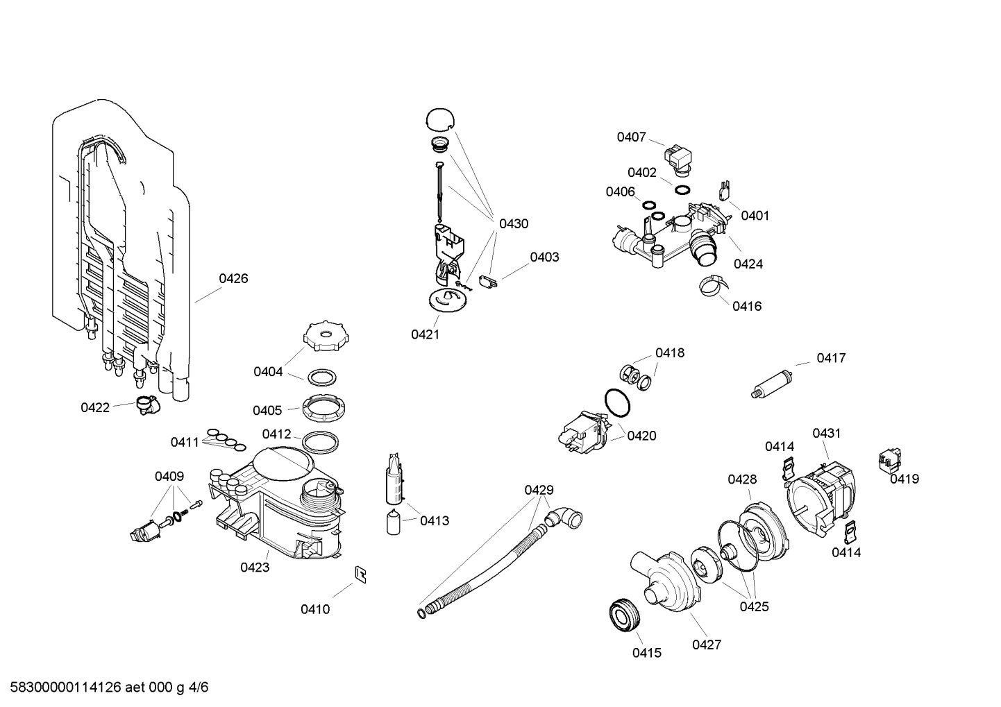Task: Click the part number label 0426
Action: point(233,278)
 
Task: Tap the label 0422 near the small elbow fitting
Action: point(95,407)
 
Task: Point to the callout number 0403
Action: point(544,257)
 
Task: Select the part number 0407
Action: point(631,137)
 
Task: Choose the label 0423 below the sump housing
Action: point(255,567)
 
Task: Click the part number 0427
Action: point(707,645)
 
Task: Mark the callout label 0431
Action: point(826,433)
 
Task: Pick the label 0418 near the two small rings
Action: point(670,352)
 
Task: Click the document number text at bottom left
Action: point(105,688)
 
